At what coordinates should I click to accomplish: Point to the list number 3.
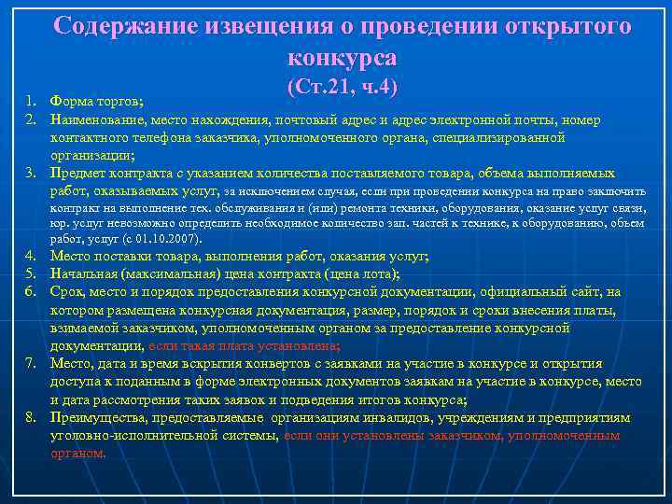pyautogui.click(x=31, y=173)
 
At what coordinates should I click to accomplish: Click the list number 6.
pyautogui.click(x=31, y=292)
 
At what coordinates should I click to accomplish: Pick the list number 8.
pyautogui.click(x=31, y=417)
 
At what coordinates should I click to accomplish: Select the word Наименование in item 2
pyautogui.click(x=98, y=119)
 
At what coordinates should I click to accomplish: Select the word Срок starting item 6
pyautogui.click(x=66, y=292)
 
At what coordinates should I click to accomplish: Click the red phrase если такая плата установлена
pyautogui.click(x=248, y=345)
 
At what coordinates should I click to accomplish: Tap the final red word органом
pyautogui.click(x=78, y=453)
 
